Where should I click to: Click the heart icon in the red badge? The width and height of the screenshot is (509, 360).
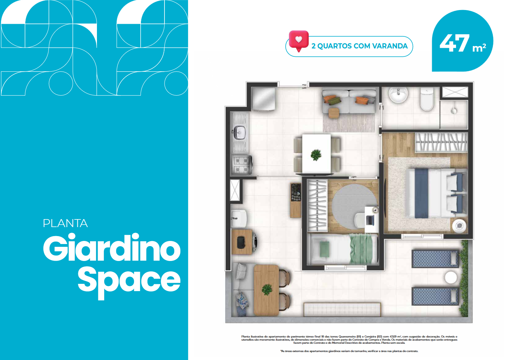click(x=298, y=39)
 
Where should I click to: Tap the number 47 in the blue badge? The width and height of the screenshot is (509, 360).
click(x=455, y=43)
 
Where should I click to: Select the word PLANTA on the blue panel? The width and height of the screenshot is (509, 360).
click(x=65, y=223)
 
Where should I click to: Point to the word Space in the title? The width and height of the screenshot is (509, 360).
click(x=129, y=282)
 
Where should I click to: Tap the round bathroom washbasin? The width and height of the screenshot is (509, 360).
click(x=398, y=95)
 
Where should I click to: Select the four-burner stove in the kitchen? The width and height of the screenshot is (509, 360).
click(x=242, y=165)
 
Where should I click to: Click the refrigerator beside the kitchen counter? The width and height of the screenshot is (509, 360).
click(x=264, y=99)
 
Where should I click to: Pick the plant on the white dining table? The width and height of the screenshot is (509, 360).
click(x=316, y=155)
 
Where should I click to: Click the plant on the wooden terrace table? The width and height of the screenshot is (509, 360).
click(x=267, y=290)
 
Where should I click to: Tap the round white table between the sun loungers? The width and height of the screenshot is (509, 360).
click(x=451, y=278)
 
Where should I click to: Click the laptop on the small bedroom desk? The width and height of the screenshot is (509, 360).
click(x=370, y=220)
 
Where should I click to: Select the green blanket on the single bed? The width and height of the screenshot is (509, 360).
click(x=361, y=249)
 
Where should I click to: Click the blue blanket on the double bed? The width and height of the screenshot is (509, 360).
click(x=421, y=193)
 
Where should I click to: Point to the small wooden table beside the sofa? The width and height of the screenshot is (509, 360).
click(x=334, y=113)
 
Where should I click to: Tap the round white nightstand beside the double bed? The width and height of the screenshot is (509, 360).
click(x=459, y=226)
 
